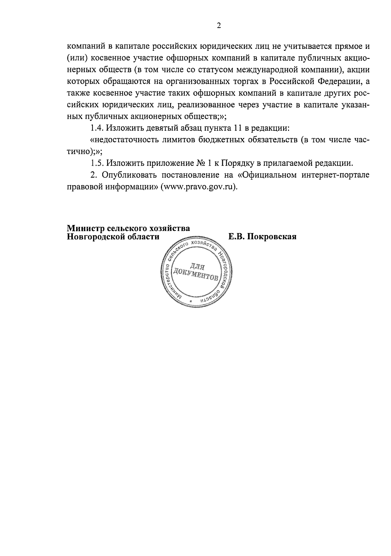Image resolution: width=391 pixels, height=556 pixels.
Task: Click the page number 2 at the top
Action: [219, 26]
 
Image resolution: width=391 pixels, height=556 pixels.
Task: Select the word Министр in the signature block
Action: [84, 229]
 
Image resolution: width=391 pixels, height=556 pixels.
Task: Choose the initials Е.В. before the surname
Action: [236, 237]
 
